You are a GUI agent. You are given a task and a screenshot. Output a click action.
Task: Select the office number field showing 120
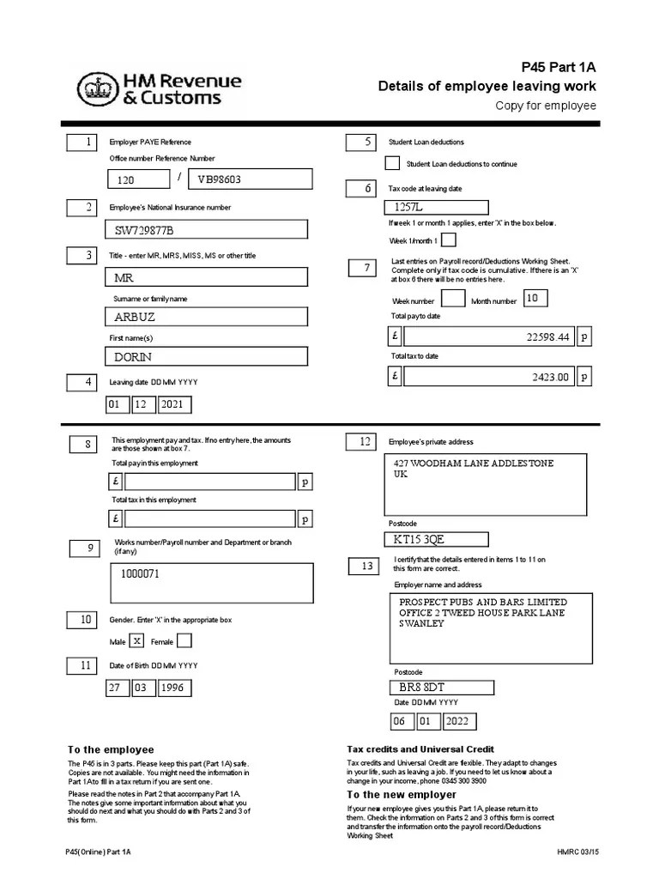point(137,179)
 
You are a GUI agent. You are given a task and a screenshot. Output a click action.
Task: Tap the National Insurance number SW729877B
point(207,229)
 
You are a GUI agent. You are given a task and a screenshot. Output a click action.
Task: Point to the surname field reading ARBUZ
point(207,317)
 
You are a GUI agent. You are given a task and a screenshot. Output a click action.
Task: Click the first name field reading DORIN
point(207,356)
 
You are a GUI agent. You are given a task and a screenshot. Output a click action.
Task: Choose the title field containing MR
point(207,277)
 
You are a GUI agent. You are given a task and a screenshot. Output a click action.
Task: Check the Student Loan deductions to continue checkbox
point(392,163)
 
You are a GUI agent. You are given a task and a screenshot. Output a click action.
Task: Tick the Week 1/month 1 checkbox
point(449,239)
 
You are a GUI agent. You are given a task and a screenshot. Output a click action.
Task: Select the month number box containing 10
point(535,298)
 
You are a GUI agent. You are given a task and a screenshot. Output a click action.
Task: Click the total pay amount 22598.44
point(488,337)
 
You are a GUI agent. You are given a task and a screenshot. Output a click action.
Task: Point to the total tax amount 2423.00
point(488,376)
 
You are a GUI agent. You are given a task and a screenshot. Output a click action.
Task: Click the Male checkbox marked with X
point(136,640)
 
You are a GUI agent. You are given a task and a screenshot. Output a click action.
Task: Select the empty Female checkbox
point(184,640)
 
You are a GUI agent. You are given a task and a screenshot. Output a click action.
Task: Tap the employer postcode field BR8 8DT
point(440,688)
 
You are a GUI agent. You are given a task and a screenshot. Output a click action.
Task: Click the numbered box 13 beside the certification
point(367,566)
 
